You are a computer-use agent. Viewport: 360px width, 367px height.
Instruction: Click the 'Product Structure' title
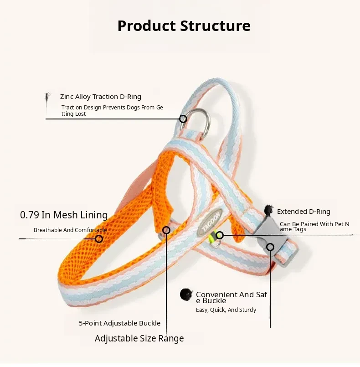point(184,26)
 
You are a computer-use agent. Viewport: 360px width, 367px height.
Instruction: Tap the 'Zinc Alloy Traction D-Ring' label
point(101,97)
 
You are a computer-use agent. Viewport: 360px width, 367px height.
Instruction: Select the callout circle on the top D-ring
point(183,119)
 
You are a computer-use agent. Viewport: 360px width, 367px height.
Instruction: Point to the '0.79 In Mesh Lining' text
point(64,215)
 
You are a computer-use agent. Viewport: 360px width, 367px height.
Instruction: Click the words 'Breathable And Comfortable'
point(70,230)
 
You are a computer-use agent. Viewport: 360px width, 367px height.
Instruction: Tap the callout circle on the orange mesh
point(99,239)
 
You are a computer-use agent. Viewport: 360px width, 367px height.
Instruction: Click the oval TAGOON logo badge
point(210,222)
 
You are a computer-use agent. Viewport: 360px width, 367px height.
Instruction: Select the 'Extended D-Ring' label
point(303,212)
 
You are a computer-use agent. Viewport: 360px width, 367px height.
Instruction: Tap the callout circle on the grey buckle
point(270,247)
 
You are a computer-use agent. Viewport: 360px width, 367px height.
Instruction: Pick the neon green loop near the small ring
point(212,237)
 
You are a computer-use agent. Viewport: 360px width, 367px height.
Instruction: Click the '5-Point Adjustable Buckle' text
point(119,323)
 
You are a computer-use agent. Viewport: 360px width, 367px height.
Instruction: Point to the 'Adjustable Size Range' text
point(139,338)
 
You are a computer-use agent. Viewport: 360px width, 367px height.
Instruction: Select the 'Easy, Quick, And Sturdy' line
point(226,310)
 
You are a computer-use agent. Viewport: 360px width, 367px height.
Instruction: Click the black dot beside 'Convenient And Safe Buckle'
point(186,294)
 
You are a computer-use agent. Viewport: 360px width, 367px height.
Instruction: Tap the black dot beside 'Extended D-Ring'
point(268,210)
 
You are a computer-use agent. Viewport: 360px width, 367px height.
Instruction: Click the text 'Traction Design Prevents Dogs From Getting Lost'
point(112,110)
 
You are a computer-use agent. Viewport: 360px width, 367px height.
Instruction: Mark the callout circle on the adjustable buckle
point(166,230)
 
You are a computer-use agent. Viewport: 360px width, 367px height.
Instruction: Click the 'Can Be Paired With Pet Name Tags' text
point(314,226)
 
